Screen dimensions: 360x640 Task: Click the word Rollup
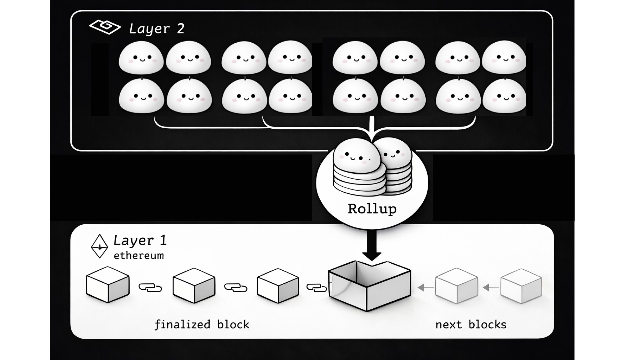(x=372, y=209)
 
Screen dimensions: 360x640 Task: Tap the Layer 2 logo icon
(x=105, y=27)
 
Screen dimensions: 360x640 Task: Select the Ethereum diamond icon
(x=99, y=246)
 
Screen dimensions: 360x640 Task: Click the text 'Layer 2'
(x=157, y=29)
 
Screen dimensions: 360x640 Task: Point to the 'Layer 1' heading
(x=140, y=240)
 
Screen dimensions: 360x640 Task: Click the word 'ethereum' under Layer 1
(x=139, y=256)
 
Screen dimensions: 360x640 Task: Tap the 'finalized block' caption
(x=202, y=324)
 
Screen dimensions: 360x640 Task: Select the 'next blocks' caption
(x=471, y=324)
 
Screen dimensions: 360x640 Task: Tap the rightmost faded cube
(x=521, y=286)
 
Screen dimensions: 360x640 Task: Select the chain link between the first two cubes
(x=150, y=287)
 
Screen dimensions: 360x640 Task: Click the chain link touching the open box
(x=316, y=287)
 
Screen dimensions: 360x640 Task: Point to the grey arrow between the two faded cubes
(x=491, y=287)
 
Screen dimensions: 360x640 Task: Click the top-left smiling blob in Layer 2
(x=141, y=58)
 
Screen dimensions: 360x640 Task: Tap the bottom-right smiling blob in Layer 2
(x=504, y=96)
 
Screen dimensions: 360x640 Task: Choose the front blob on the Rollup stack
(x=357, y=159)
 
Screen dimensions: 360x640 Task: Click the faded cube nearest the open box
(x=456, y=286)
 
